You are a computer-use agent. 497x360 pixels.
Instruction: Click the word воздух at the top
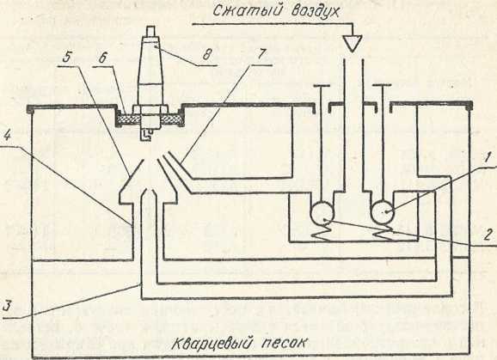315,12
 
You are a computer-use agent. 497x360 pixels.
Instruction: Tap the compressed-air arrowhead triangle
353,43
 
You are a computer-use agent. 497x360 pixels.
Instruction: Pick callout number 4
7,137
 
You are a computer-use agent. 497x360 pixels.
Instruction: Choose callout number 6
102,58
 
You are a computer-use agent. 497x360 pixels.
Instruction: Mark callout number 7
261,54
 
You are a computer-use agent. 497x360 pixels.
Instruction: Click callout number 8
207,55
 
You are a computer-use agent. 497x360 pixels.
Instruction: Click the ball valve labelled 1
383,211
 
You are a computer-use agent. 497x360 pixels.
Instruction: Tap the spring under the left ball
321,232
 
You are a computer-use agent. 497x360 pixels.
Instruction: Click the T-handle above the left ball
322,85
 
